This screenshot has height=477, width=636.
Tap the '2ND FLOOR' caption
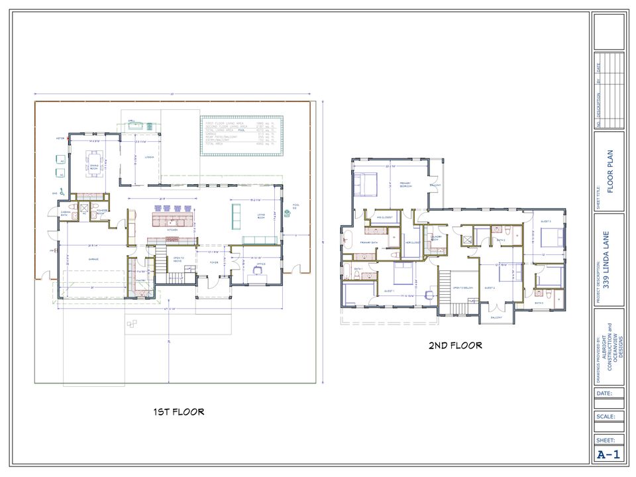(455, 345)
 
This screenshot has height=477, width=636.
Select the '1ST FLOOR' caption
(178, 411)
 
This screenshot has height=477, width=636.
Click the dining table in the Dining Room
(94, 160)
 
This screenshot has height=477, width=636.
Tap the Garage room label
(93, 259)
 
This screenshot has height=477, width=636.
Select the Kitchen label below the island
(172, 231)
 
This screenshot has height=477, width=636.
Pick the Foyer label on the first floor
(213, 262)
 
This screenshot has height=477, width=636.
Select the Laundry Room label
(436, 237)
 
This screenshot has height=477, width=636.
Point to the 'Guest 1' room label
(389, 291)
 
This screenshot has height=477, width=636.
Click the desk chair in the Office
(255, 278)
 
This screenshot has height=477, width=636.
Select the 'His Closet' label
(411, 242)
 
